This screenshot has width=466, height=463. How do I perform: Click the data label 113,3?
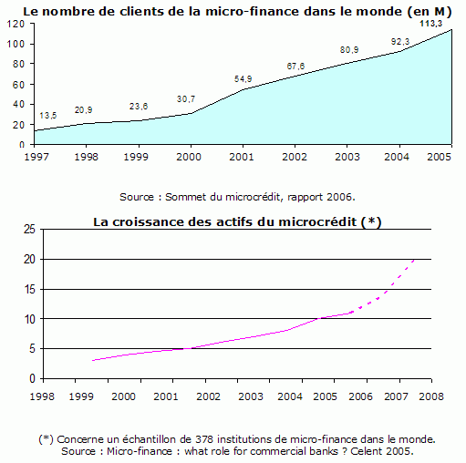pos(431,24)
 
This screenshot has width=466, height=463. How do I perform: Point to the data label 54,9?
pos(243,79)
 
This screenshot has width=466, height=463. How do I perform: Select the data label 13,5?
pos(48,116)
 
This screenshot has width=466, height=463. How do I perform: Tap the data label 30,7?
pos(186,99)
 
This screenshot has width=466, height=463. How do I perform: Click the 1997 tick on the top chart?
pos(36,157)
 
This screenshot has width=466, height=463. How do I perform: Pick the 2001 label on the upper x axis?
pos(242,157)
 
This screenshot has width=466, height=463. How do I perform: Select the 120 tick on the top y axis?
pos(16,24)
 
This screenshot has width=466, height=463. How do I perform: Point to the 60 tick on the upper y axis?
pos(18,85)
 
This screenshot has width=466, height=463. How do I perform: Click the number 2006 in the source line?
pos(339,197)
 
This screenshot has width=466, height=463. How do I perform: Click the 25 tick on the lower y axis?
pos(29,229)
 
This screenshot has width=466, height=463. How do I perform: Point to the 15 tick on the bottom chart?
pos(30,289)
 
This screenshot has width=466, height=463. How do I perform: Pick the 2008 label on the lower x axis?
pos(431,396)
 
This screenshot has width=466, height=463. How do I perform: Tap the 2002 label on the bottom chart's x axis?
pos(208,396)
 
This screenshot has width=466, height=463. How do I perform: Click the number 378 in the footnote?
pos(204,439)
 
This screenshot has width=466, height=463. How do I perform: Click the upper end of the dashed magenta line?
pos(414,260)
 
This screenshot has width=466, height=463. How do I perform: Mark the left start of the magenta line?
pos(92,361)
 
